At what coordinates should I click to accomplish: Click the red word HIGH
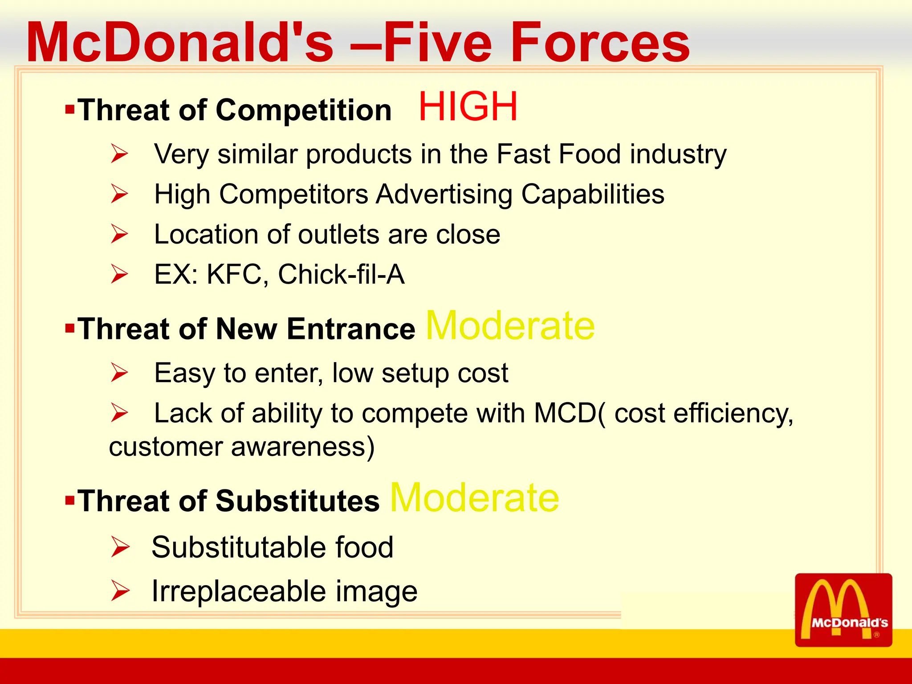(x=468, y=106)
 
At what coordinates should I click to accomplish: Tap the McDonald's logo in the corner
(x=843, y=610)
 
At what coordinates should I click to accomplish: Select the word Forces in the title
(x=600, y=43)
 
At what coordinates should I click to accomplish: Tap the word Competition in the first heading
(x=303, y=110)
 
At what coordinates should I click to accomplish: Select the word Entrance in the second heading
(x=351, y=329)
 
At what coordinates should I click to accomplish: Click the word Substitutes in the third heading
(x=297, y=501)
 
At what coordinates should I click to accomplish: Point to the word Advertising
(x=444, y=194)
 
